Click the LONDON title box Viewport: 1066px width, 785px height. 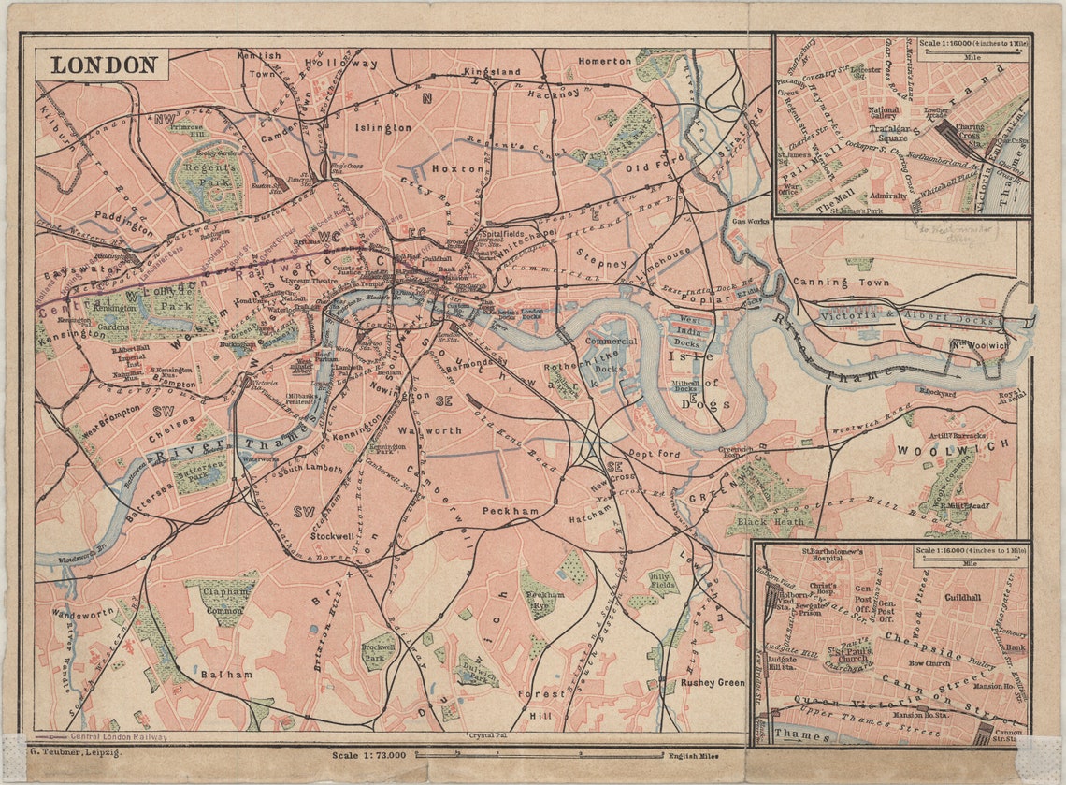pos(103,65)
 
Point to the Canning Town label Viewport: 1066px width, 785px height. pos(834,282)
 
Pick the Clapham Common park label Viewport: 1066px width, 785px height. pos(223,599)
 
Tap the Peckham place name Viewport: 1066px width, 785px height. pos(511,511)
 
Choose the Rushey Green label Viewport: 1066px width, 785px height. pos(712,682)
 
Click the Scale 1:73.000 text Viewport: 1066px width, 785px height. pos(369,754)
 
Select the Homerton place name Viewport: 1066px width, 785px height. pos(604,61)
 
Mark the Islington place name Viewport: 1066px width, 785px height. pos(382,127)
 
